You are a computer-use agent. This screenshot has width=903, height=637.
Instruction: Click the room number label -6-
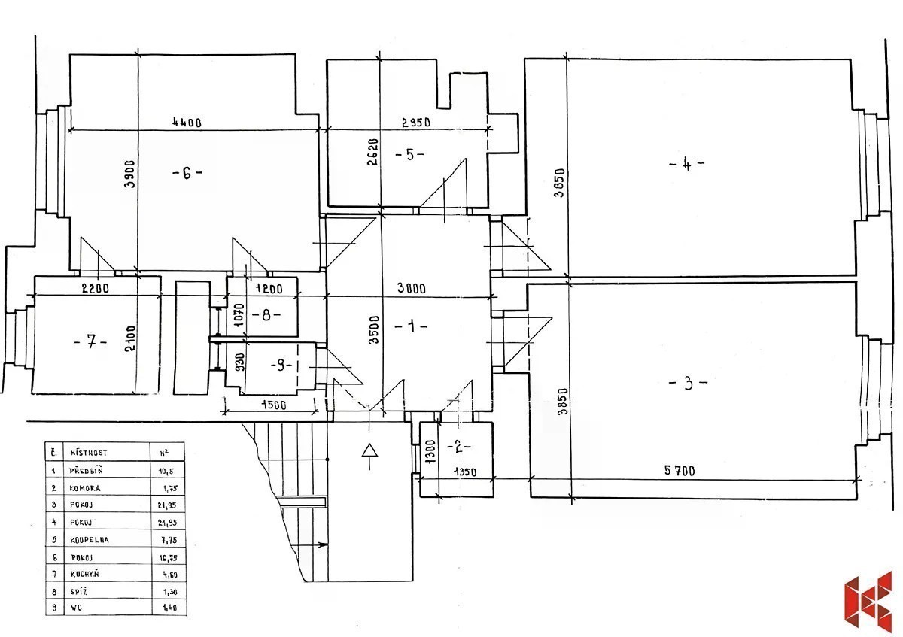pos(187,172)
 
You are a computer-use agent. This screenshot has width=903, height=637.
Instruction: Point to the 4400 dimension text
pos(185,123)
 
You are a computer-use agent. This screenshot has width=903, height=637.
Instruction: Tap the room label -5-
pos(409,154)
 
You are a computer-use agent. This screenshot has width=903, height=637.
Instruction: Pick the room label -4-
pos(686,163)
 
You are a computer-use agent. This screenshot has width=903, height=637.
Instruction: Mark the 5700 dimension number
pos(679,472)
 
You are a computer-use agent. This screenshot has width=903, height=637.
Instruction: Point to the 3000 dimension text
pos(412,287)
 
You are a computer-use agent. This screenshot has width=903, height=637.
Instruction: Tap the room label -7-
pos(90,342)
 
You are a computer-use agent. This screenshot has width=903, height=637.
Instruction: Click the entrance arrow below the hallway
pos(369,454)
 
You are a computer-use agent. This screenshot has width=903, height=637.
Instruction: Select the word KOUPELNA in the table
pos(89,539)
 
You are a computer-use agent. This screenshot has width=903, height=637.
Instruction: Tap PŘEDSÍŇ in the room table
pos(90,471)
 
